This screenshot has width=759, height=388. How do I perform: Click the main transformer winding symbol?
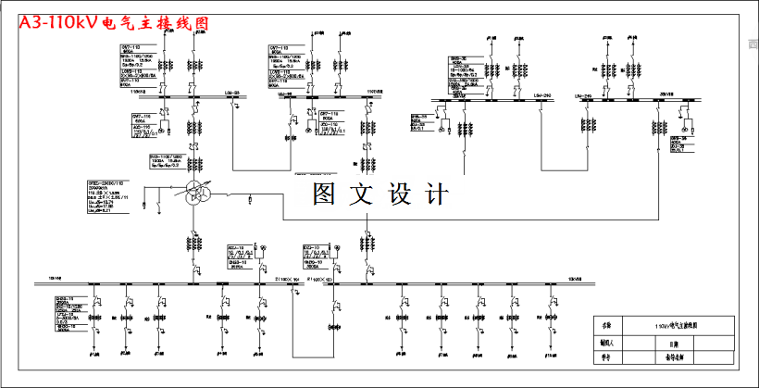tap(193, 194)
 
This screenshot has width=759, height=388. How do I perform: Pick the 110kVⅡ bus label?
tap(374, 93)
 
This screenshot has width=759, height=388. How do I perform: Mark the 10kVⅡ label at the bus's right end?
tap(575, 276)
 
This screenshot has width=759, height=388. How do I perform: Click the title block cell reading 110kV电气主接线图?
tap(674, 325)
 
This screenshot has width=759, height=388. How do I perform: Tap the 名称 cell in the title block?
tap(607, 325)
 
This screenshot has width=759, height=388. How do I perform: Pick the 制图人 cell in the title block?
tap(607, 341)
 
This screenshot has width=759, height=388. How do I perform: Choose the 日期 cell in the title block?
tap(674, 341)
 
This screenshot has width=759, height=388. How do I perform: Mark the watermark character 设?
tap(399, 194)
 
